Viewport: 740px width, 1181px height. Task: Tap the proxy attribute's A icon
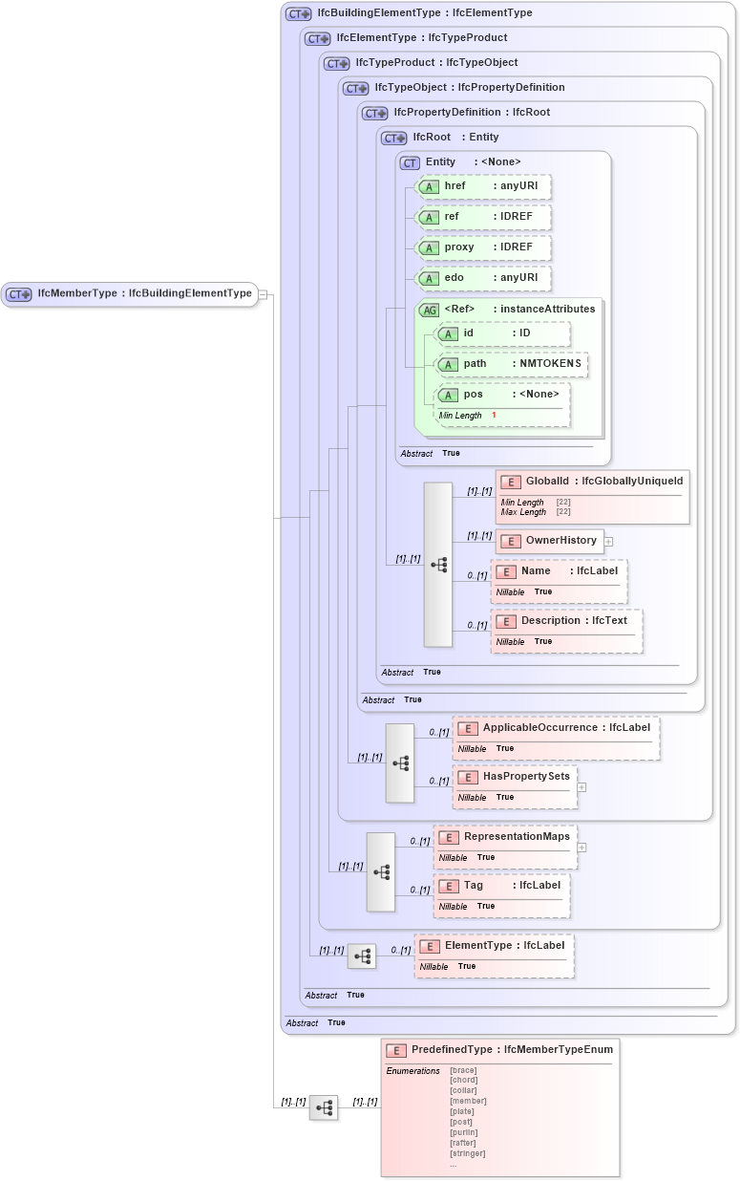[x=430, y=248]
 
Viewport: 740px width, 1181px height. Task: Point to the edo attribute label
[x=455, y=278]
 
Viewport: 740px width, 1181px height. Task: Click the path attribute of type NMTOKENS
[x=511, y=364]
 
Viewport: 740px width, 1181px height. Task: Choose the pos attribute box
[x=501, y=395]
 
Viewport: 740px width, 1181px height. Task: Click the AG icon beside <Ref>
[x=430, y=310]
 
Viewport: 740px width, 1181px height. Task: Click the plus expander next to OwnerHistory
[x=608, y=542]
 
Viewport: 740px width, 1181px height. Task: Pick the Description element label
[x=551, y=621]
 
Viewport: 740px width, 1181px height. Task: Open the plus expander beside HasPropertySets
[x=581, y=788]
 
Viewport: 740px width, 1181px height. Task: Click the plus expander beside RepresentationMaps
[x=581, y=848]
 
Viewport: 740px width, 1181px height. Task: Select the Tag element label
[x=474, y=886]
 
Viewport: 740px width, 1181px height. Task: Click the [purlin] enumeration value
[x=463, y=1132]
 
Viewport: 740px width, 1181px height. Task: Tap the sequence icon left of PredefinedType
[x=324, y=1107]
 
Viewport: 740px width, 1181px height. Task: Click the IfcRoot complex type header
[x=432, y=138]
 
